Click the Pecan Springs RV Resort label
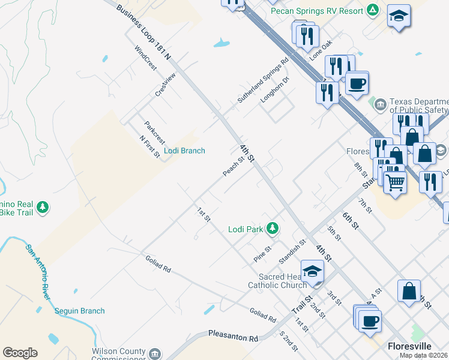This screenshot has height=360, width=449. tap(316, 11)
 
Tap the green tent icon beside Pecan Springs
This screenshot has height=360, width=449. tap(373, 10)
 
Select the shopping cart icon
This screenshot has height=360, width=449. tap(394, 181)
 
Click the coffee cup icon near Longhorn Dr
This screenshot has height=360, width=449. tap(357, 83)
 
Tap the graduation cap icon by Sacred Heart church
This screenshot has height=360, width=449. tap(312, 271)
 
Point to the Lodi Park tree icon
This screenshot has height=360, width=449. tap(272, 228)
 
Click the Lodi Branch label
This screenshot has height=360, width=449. tap(184, 151)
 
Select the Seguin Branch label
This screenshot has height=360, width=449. tap(79, 311)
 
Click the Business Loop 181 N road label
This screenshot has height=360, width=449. tap(143, 33)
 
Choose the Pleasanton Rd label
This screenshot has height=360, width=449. tap(232, 335)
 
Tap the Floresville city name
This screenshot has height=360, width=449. tap(410, 346)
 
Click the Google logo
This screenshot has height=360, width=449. tap(20, 353)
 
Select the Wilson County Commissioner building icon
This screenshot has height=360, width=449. tap(155, 352)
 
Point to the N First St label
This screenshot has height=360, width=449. tap(149, 148)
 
